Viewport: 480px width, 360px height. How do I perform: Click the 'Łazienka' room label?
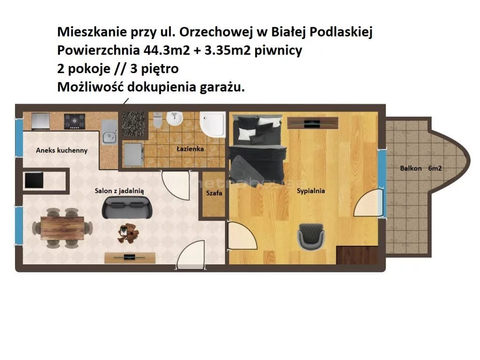click(x=190, y=149)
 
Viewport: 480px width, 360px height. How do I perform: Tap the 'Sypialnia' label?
click(x=311, y=191)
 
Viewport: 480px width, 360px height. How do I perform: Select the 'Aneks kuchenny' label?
click(x=61, y=150)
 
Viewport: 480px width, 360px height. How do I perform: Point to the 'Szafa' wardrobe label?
click(x=214, y=193)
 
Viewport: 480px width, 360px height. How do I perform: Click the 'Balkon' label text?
click(x=411, y=168)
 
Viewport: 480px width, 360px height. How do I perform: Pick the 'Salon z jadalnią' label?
click(x=119, y=191)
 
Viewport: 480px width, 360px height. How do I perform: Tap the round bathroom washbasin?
click(x=174, y=119)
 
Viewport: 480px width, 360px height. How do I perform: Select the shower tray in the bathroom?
click(x=213, y=125)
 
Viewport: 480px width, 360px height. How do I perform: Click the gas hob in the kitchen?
click(x=75, y=121)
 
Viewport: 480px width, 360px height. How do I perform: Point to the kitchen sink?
click(x=109, y=132)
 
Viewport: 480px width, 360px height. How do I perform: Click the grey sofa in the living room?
click(x=127, y=207)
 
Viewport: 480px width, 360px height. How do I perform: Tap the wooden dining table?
click(x=62, y=228)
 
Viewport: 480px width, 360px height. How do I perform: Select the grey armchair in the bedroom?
click(x=311, y=236)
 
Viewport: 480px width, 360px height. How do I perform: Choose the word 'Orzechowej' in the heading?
click(x=216, y=32)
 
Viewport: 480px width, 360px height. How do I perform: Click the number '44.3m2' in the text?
click(x=167, y=50)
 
